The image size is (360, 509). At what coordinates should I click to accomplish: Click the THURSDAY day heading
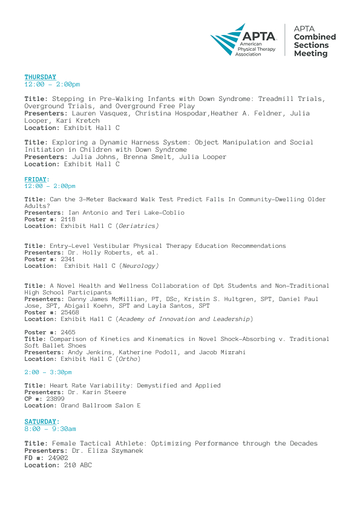[40, 77]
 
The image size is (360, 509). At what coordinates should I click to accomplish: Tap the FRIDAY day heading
[35, 180]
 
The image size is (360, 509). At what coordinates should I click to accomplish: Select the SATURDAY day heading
[41, 421]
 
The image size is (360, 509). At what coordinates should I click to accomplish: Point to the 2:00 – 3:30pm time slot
[48, 372]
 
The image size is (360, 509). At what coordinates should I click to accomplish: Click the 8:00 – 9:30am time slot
[50, 429]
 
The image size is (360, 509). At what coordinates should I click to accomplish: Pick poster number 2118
[68, 219]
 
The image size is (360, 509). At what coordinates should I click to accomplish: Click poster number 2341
[68, 259]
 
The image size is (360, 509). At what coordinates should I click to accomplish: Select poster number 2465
[68, 332]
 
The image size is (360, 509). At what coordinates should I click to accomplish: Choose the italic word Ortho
[130, 359]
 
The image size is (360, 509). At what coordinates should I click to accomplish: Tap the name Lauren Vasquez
[90, 112]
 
